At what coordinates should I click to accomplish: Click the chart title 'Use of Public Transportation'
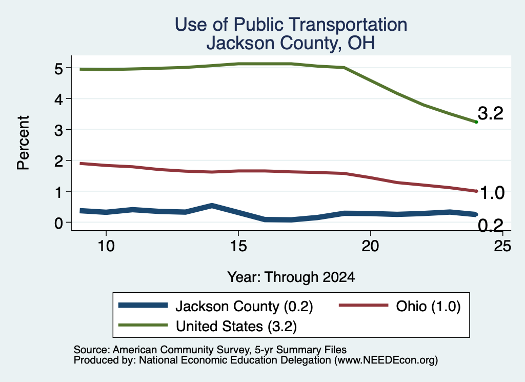coord(291,25)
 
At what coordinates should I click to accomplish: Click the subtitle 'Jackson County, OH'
coord(291,43)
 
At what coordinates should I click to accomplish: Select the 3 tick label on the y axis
coord(58,130)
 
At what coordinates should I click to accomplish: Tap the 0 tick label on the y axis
coord(58,223)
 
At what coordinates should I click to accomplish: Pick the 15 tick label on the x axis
coord(238,246)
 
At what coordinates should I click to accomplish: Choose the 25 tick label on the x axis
coord(502,246)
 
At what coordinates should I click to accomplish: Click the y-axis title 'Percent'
coord(23,143)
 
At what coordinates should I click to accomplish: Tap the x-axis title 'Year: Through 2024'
coord(291,277)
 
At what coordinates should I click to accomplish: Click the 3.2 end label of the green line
coord(491,113)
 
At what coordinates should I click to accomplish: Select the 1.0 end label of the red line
coord(492,193)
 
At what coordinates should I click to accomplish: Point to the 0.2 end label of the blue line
coord(491,225)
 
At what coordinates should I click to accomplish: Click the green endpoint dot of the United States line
coord(476,122)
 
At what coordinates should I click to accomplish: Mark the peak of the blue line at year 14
coord(212,205)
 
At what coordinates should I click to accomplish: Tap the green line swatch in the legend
coord(143,325)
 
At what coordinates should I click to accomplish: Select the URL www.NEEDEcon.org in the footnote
coord(386,360)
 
